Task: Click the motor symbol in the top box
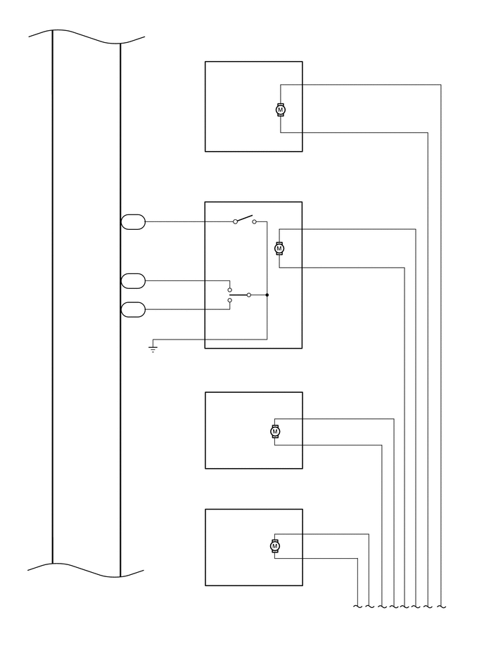[x=281, y=110]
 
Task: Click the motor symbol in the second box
[x=279, y=248]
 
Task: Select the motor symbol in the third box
[x=275, y=431]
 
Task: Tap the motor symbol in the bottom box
[x=275, y=545]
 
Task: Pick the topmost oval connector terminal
[x=133, y=222]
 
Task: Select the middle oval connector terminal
[x=133, y=281]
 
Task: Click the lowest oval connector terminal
[x=133, y=309]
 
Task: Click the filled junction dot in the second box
[x=267, y=295]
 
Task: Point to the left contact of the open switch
[x=235, y=222]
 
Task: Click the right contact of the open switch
[x=255, y=222]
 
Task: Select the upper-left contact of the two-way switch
[x=230, y=290]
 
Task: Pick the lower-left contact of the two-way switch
[x=230, y=301]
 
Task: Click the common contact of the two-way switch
[x=249, y=295]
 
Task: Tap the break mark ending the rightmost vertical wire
[x=440, y=606]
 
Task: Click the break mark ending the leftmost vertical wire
[x=358, y=606]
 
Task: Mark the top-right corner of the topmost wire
[x=440, y=85]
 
